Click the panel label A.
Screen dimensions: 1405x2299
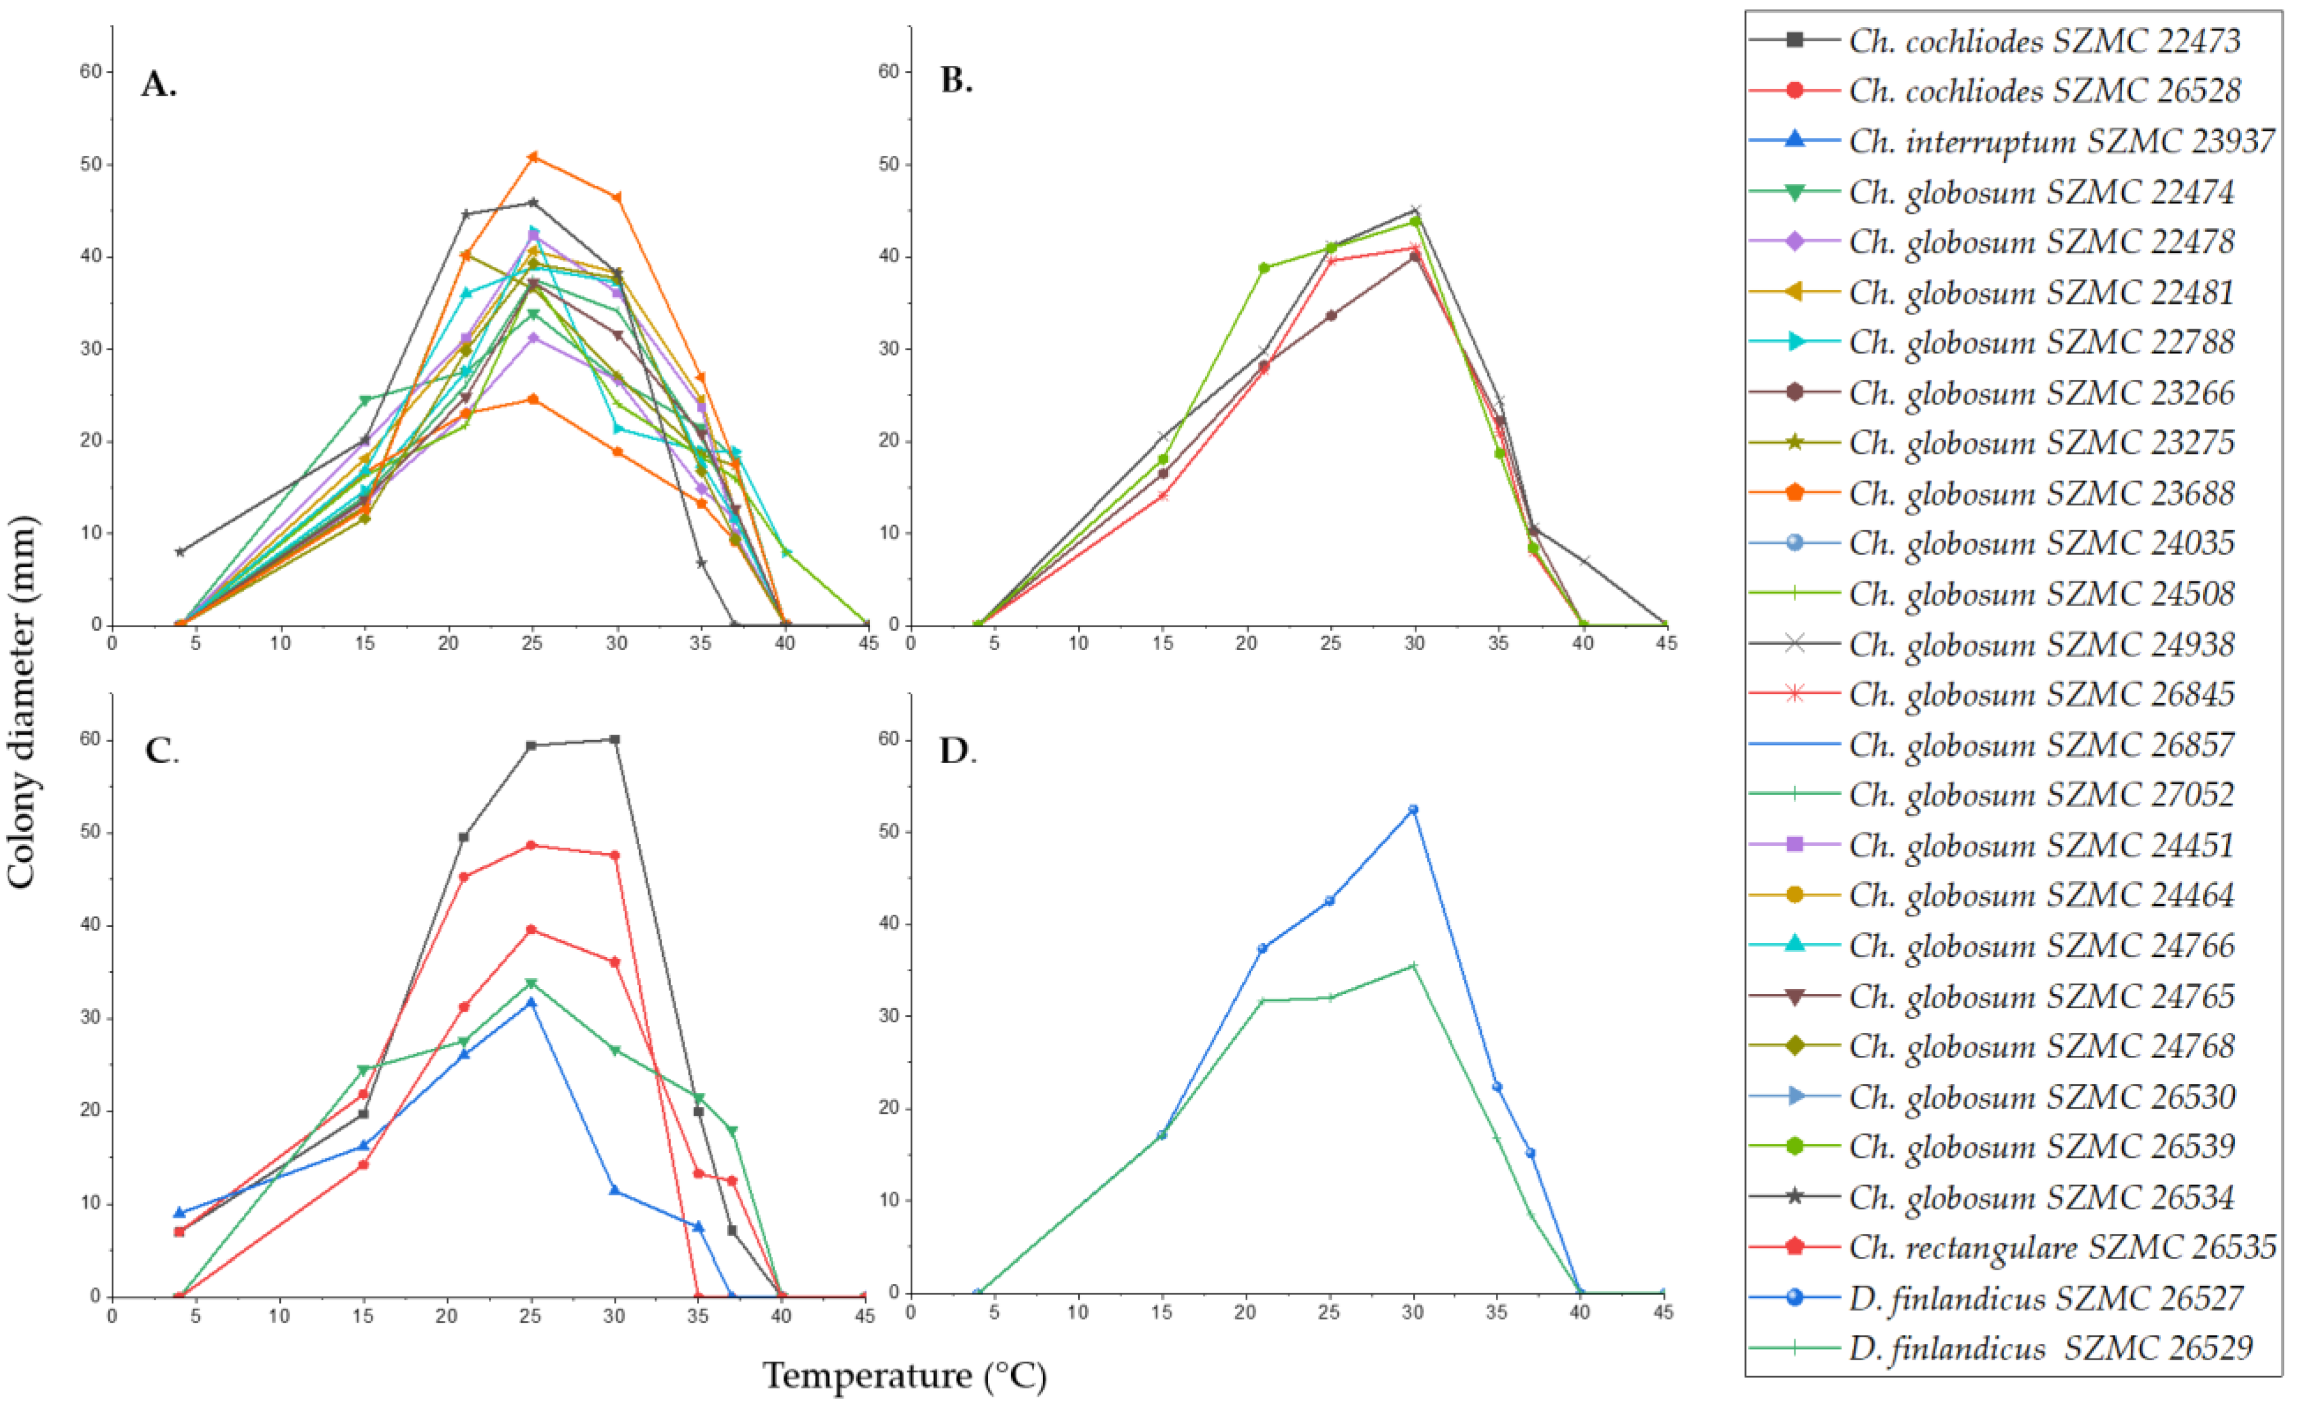point(159,84)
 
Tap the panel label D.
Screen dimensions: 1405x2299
point(957,751)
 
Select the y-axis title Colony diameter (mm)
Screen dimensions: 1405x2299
point(22,702)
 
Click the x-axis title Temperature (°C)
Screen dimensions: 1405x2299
point(904,1375)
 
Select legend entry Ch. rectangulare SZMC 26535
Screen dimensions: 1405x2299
point(2062,1247)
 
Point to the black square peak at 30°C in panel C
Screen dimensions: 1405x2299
point(614,740)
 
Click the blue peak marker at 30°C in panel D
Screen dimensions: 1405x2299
point(1412,809)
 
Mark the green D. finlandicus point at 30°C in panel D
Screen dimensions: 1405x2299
point(1412,965)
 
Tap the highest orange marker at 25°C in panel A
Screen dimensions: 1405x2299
point(533,157)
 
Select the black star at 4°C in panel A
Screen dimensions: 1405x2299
point(180,552)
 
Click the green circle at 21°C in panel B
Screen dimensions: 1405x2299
point(1264,268)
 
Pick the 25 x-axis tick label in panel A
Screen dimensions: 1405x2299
point(532,643)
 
